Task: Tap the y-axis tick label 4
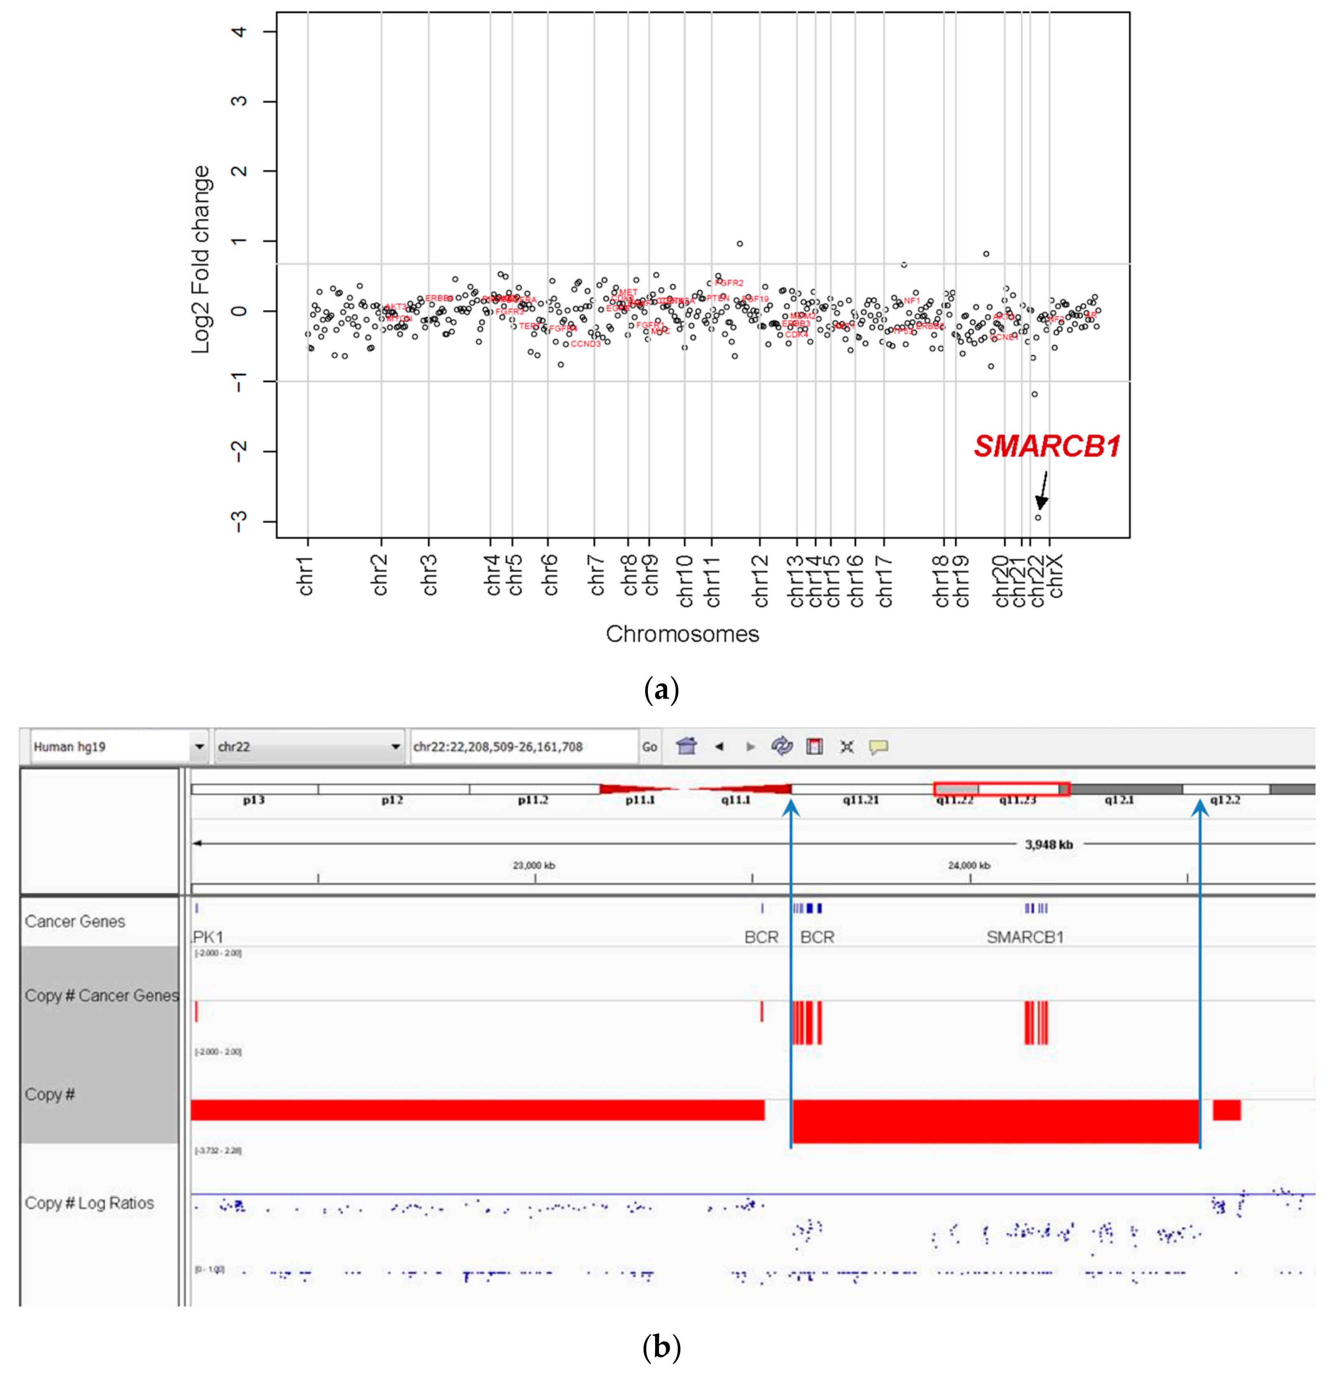(239, 32)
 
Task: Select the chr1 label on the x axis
(306, 575)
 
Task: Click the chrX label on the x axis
(1055, 575)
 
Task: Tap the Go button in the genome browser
(649, 747)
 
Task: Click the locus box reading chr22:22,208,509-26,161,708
(523, 747)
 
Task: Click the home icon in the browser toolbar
(686, 746)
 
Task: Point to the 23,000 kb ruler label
(534, 866)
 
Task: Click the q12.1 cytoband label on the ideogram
(1119, 800)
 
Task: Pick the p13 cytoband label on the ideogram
(254, 800)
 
